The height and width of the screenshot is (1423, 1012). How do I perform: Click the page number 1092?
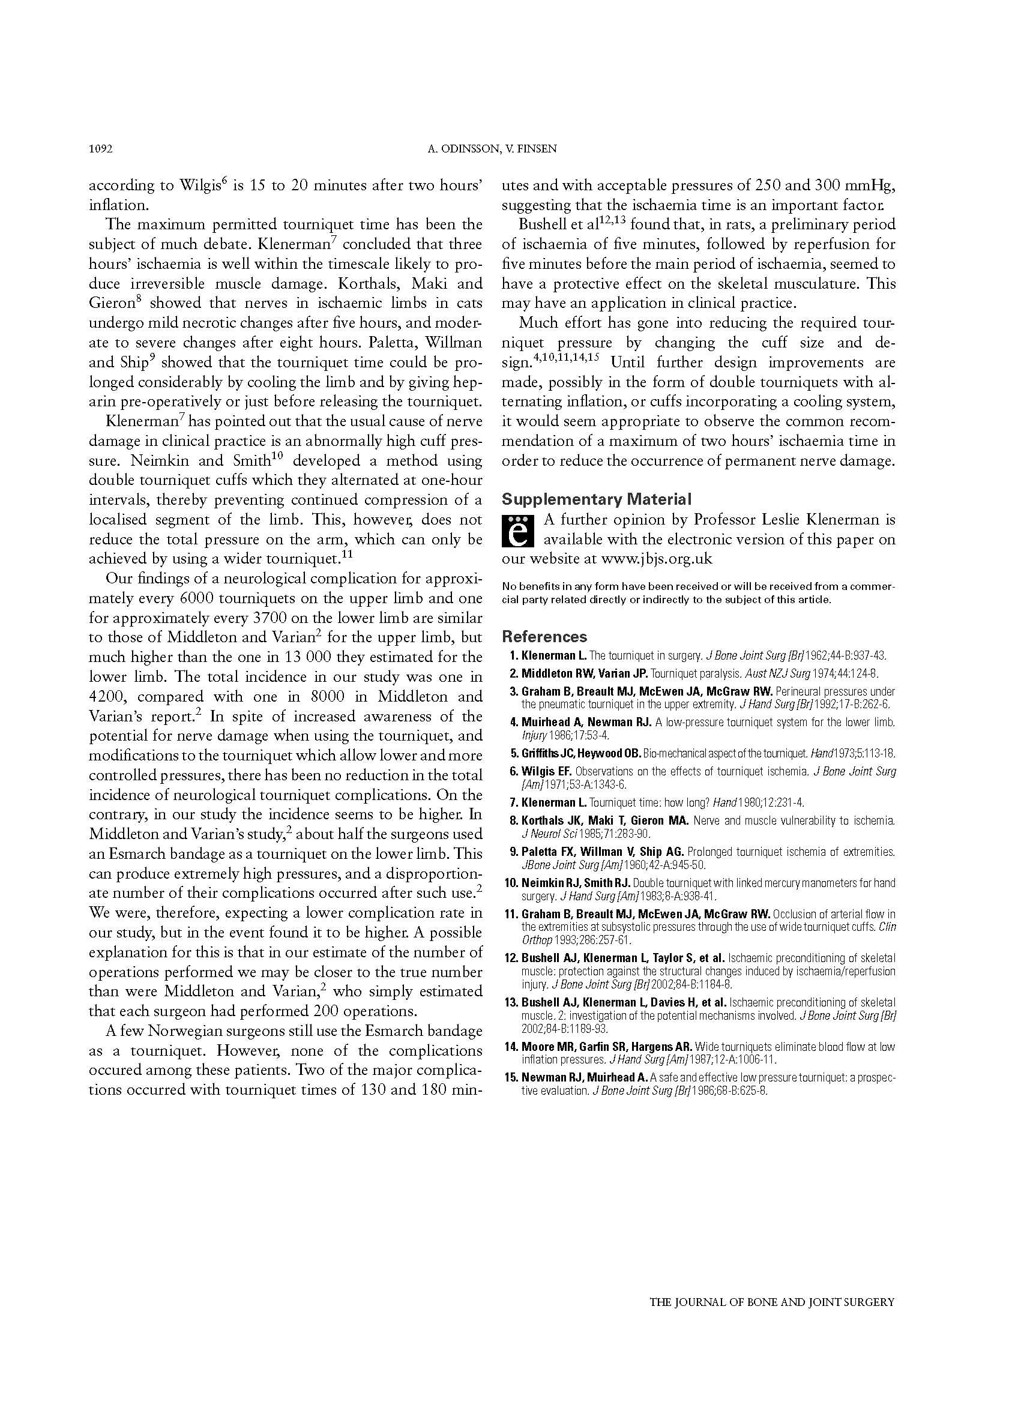pyautogui.click(x=100, y=149)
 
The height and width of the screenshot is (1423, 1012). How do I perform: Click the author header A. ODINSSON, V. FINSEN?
pyautogui.click(x=492, y=149)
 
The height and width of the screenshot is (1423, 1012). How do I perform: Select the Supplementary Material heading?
pyautogui.click(x=597, y=499)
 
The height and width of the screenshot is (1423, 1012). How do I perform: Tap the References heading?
pyautogui.click(x=544, y=636)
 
